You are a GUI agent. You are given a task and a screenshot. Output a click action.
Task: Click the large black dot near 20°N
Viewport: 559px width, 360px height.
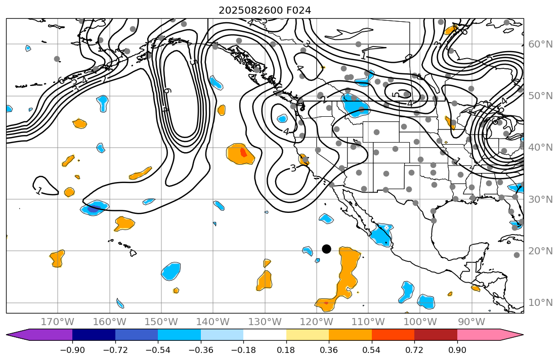[x=326, y=249]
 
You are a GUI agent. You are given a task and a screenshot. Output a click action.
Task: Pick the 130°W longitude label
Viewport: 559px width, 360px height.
[x=264, y=322]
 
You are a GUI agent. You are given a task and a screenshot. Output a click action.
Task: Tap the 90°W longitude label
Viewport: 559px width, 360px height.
[x=471, y=322]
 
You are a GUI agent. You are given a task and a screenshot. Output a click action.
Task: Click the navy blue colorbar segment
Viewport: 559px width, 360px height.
[x=94, y=335]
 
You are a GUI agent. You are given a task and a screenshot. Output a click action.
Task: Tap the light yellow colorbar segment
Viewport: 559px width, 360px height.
[x=308, y=335]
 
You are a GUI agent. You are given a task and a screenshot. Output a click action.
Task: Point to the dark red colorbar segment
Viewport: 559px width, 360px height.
[x=436, y=335]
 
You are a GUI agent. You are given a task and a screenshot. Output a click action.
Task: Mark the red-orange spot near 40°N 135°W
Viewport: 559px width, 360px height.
[x=243, y=152]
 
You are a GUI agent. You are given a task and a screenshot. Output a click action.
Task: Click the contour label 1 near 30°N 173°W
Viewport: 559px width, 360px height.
[x=39, y=191]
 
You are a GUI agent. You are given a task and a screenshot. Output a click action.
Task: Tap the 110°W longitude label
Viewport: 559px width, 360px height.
[x=367, y=322]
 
